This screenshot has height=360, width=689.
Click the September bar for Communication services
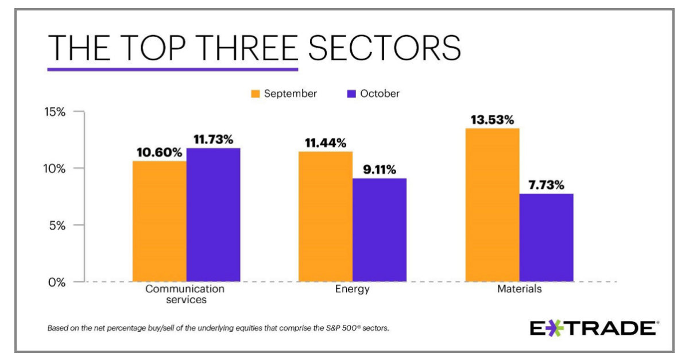pyautogui.click(x=159, y=221)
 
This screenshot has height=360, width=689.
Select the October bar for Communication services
pyautogui.click(x=213, y=215)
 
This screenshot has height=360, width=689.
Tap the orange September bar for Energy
pyautogui.click(x=326, y=216)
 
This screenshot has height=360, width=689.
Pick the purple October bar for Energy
pyautogui.click(x=379, y=230)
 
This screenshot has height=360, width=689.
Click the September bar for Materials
pyautogui.click(x=492, y=205)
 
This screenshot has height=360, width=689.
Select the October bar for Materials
pyautogui.click(x=546, y=237)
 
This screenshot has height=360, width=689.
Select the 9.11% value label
pyautogui.click(x=378, y=170)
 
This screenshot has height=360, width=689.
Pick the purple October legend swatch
pyautogui.click(x=352, y=94)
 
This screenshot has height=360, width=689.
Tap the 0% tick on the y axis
pyautogui.click(x=58, y=282)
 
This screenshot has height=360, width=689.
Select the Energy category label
pyautogui.click(x=352, y=289)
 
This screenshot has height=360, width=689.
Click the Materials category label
pyautogui.click(x=519, y=289)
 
